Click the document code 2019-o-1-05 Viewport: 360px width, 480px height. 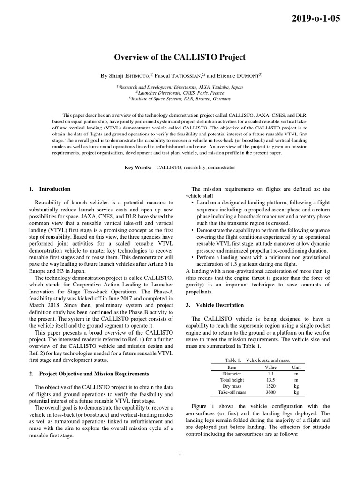click(x=316, y=19)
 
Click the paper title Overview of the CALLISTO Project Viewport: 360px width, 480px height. click(x=180, y=57)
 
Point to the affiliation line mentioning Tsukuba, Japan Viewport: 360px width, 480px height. click(x=180, y=87)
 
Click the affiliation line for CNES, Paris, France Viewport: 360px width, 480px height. click(x=180, y=93)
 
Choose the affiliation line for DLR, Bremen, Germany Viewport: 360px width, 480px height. click(x=180, y=99)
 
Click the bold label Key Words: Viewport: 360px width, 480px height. click(x=138, y=167)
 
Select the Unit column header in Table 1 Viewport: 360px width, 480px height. click(x=296, y=367)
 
